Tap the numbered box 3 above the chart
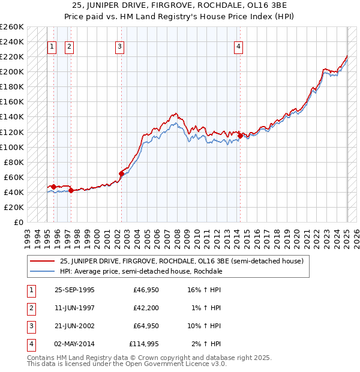pos(119,47)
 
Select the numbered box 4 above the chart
pos(238,47)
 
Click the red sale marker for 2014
pos(240,136)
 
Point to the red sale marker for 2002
pos(121,173)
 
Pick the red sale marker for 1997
pos(71,191)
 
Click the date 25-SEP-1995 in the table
pos(74,290)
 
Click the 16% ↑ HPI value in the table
pos(205,290)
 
